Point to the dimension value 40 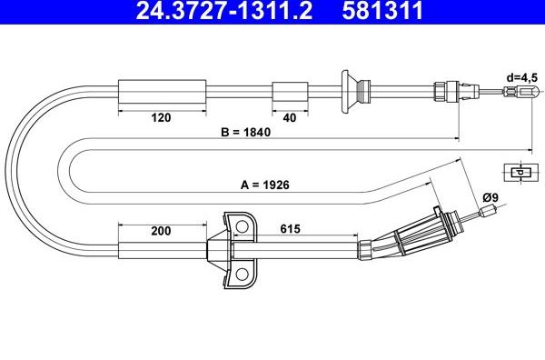point(289,117)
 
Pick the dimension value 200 point(162,232)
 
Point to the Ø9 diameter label point(491,197)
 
